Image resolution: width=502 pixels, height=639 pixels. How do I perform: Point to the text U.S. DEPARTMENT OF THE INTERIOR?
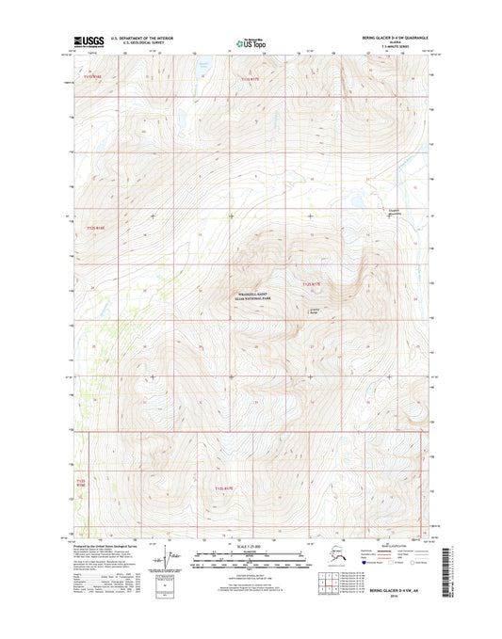[x=141, y=39]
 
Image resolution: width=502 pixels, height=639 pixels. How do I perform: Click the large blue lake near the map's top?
[x=202, y=68]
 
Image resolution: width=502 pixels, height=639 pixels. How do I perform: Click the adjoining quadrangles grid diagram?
[x=330, y=582]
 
